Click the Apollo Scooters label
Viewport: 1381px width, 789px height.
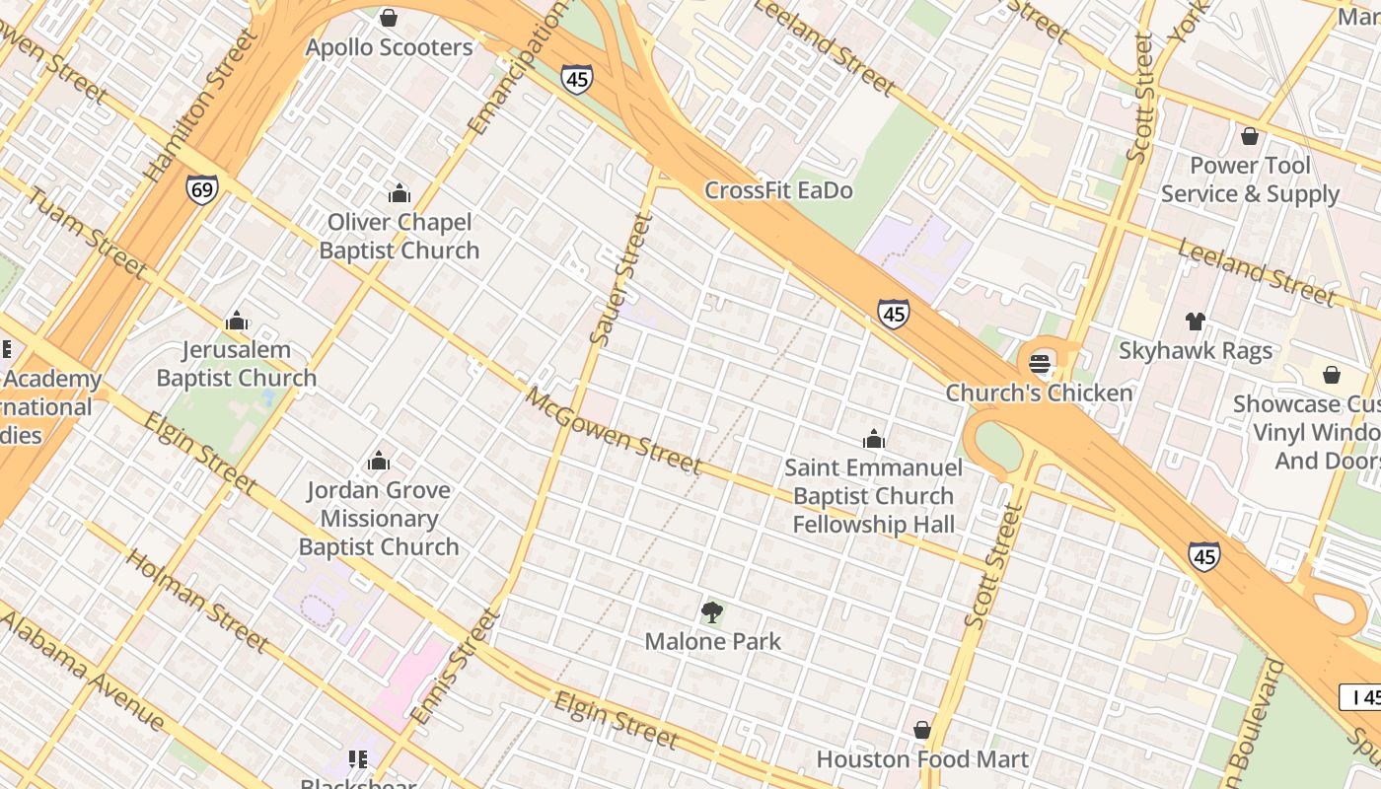tap(389, 47)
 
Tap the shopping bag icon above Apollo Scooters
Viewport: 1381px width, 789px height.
tap(389, 18)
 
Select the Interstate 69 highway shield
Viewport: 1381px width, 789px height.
tap(201, 189)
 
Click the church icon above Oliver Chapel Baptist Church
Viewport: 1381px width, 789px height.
tap(399, 193)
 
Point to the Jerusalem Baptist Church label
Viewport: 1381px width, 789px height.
tap(237, 364)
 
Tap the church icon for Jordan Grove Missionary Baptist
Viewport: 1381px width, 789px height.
tap(378, 461)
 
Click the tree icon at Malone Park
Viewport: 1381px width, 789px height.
tap(711, 612)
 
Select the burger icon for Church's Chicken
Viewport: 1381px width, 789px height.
tap(1040, 363)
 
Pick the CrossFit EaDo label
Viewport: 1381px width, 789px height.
tap(778, 190)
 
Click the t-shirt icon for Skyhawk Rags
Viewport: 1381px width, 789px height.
tap(1195, 321)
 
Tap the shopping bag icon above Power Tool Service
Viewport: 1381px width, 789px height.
tap(1250, 136)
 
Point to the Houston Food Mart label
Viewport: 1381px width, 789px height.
tap(922, 759)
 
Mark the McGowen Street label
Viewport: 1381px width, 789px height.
tap(613, 431)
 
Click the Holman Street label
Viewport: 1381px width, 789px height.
tap(197, 600)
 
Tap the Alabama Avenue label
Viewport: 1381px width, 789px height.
tap(84, 671)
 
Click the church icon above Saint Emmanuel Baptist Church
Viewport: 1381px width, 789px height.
tap(873, 439)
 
